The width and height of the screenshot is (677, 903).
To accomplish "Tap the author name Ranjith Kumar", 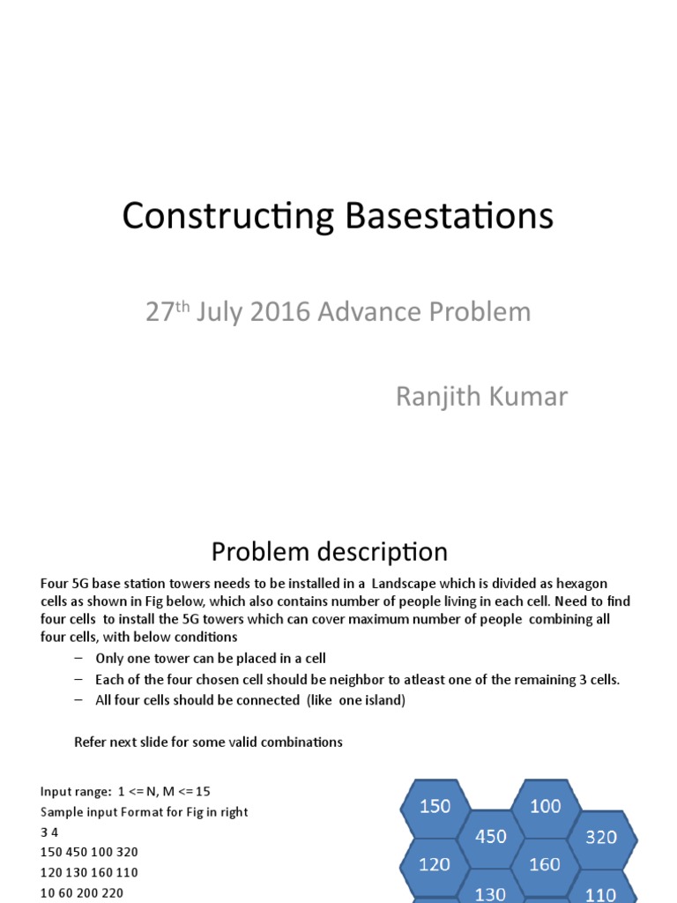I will point(481,397).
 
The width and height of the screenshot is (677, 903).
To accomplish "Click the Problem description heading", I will point(329,552).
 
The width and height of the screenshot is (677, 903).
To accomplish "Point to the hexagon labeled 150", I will point(435,806).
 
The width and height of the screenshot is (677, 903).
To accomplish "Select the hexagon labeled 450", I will point(491,836).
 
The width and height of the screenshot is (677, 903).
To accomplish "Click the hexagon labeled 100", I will point(546,806).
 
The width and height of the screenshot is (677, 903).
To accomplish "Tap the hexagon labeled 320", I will point(601,837).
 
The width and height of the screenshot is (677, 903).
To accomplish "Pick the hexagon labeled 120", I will point(435,865).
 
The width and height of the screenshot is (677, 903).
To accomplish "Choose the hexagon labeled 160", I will point(545,865).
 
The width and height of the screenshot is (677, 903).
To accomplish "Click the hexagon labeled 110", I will point(600,893).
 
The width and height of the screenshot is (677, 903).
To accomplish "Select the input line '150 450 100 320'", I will point(89,852).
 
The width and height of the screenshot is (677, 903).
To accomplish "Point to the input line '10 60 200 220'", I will point(81,892).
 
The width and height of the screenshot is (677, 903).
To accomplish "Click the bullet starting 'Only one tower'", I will point(211,658).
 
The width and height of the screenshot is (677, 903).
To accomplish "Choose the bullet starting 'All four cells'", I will point(251,700).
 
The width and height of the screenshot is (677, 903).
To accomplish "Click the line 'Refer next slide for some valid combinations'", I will point(208,742).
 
